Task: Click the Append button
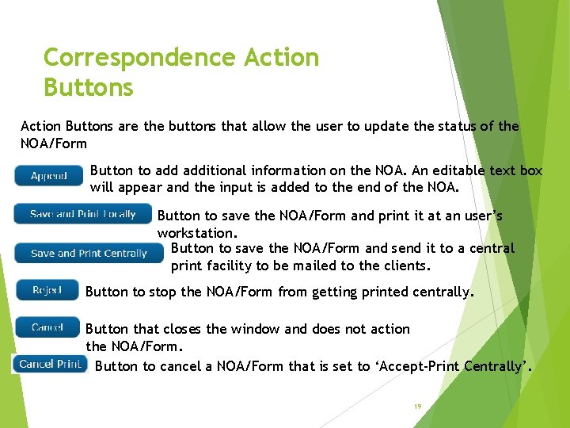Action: point(48,176)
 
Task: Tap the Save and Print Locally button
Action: point(82,214)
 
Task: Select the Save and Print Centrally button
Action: point(89,254)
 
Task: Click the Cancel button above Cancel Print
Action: point(47,327)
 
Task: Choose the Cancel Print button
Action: point(50,364)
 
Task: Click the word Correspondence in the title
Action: point(139,58)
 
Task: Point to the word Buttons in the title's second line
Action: point(89,87)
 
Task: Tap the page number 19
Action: point(417,407)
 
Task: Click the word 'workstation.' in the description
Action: point(197,233)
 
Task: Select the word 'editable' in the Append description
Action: point(459,170)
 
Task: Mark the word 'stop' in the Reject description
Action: point(163,292)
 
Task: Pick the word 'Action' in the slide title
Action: point(281,58)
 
